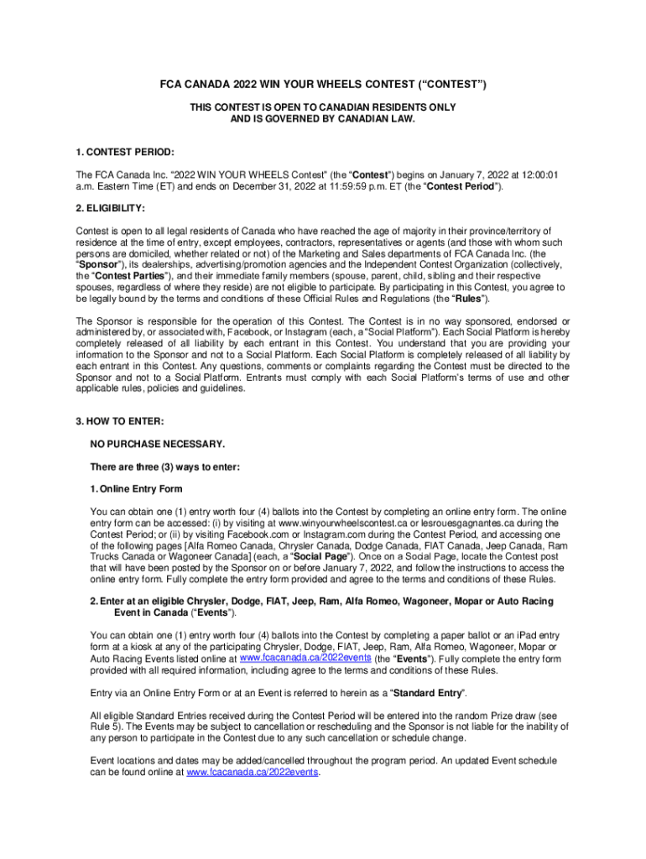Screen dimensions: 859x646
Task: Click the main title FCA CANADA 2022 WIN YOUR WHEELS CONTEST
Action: (x=323, y=86)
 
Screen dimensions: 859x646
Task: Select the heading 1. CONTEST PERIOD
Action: (x=125, y=152)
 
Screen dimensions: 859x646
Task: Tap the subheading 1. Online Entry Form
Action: (x=136, y=488)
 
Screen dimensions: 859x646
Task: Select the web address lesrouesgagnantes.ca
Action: (x=480, y=523)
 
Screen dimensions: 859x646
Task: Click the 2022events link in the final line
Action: (x=252, y=773)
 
